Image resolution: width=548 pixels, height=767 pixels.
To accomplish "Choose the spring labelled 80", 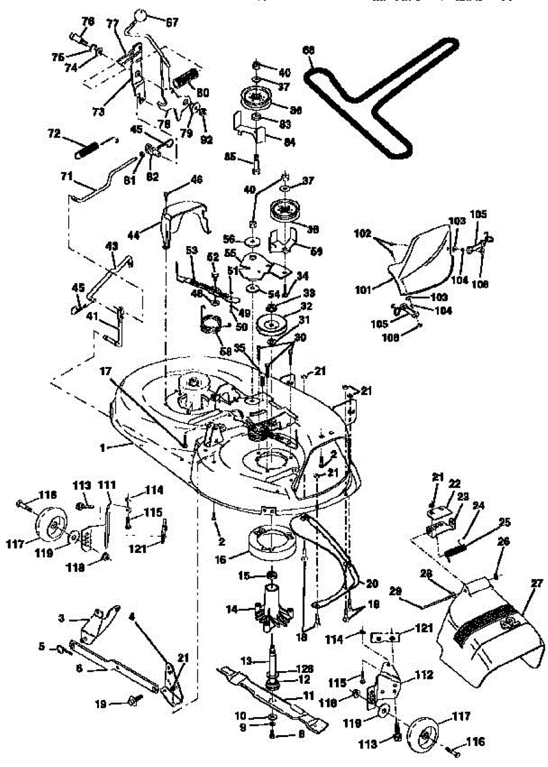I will pyautogui.click(x=183, y=82).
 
